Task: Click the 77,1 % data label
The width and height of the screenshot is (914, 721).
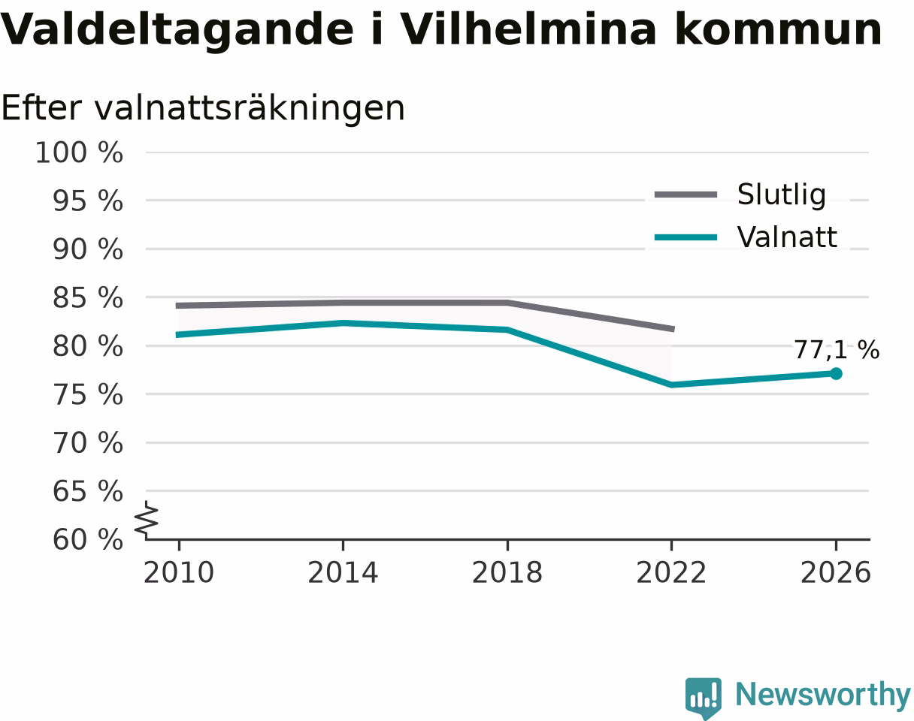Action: (x=837, y=350)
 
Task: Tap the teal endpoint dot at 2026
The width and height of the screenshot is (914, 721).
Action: (x=836, y=373)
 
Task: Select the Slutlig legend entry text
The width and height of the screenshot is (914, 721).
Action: (x=782, y=195)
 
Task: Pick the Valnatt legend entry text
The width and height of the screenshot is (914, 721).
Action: (x=787, y=237)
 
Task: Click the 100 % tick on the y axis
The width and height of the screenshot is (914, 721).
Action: (x=79, y=152)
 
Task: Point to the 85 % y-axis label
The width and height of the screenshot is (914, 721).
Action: (x=88, y=298)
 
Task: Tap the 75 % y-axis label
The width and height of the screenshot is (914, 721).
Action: (x=88, y=395)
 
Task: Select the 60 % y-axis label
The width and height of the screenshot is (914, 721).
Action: (x=88, y=540)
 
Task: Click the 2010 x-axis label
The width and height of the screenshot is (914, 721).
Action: (x=179, y=573)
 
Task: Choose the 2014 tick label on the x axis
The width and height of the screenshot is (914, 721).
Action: (x=343, y=573)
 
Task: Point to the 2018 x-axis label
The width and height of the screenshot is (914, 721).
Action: (x=507, y=573)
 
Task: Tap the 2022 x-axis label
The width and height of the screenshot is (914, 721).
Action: (x=671, y=573)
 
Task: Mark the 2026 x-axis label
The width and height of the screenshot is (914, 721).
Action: (x=835, y=573)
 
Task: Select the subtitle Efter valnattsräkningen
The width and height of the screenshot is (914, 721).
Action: (x=203, y=108)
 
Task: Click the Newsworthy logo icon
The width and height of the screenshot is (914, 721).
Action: (x=704, y=698)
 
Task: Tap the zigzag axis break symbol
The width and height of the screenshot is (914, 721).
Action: (x=147, y=517)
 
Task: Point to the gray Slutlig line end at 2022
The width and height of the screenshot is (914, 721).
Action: (x=673, y=329)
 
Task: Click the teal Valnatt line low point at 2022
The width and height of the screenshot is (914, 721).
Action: (x=671, y=385)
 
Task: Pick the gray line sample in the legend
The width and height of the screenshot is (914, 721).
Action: (x=685, y=195)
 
